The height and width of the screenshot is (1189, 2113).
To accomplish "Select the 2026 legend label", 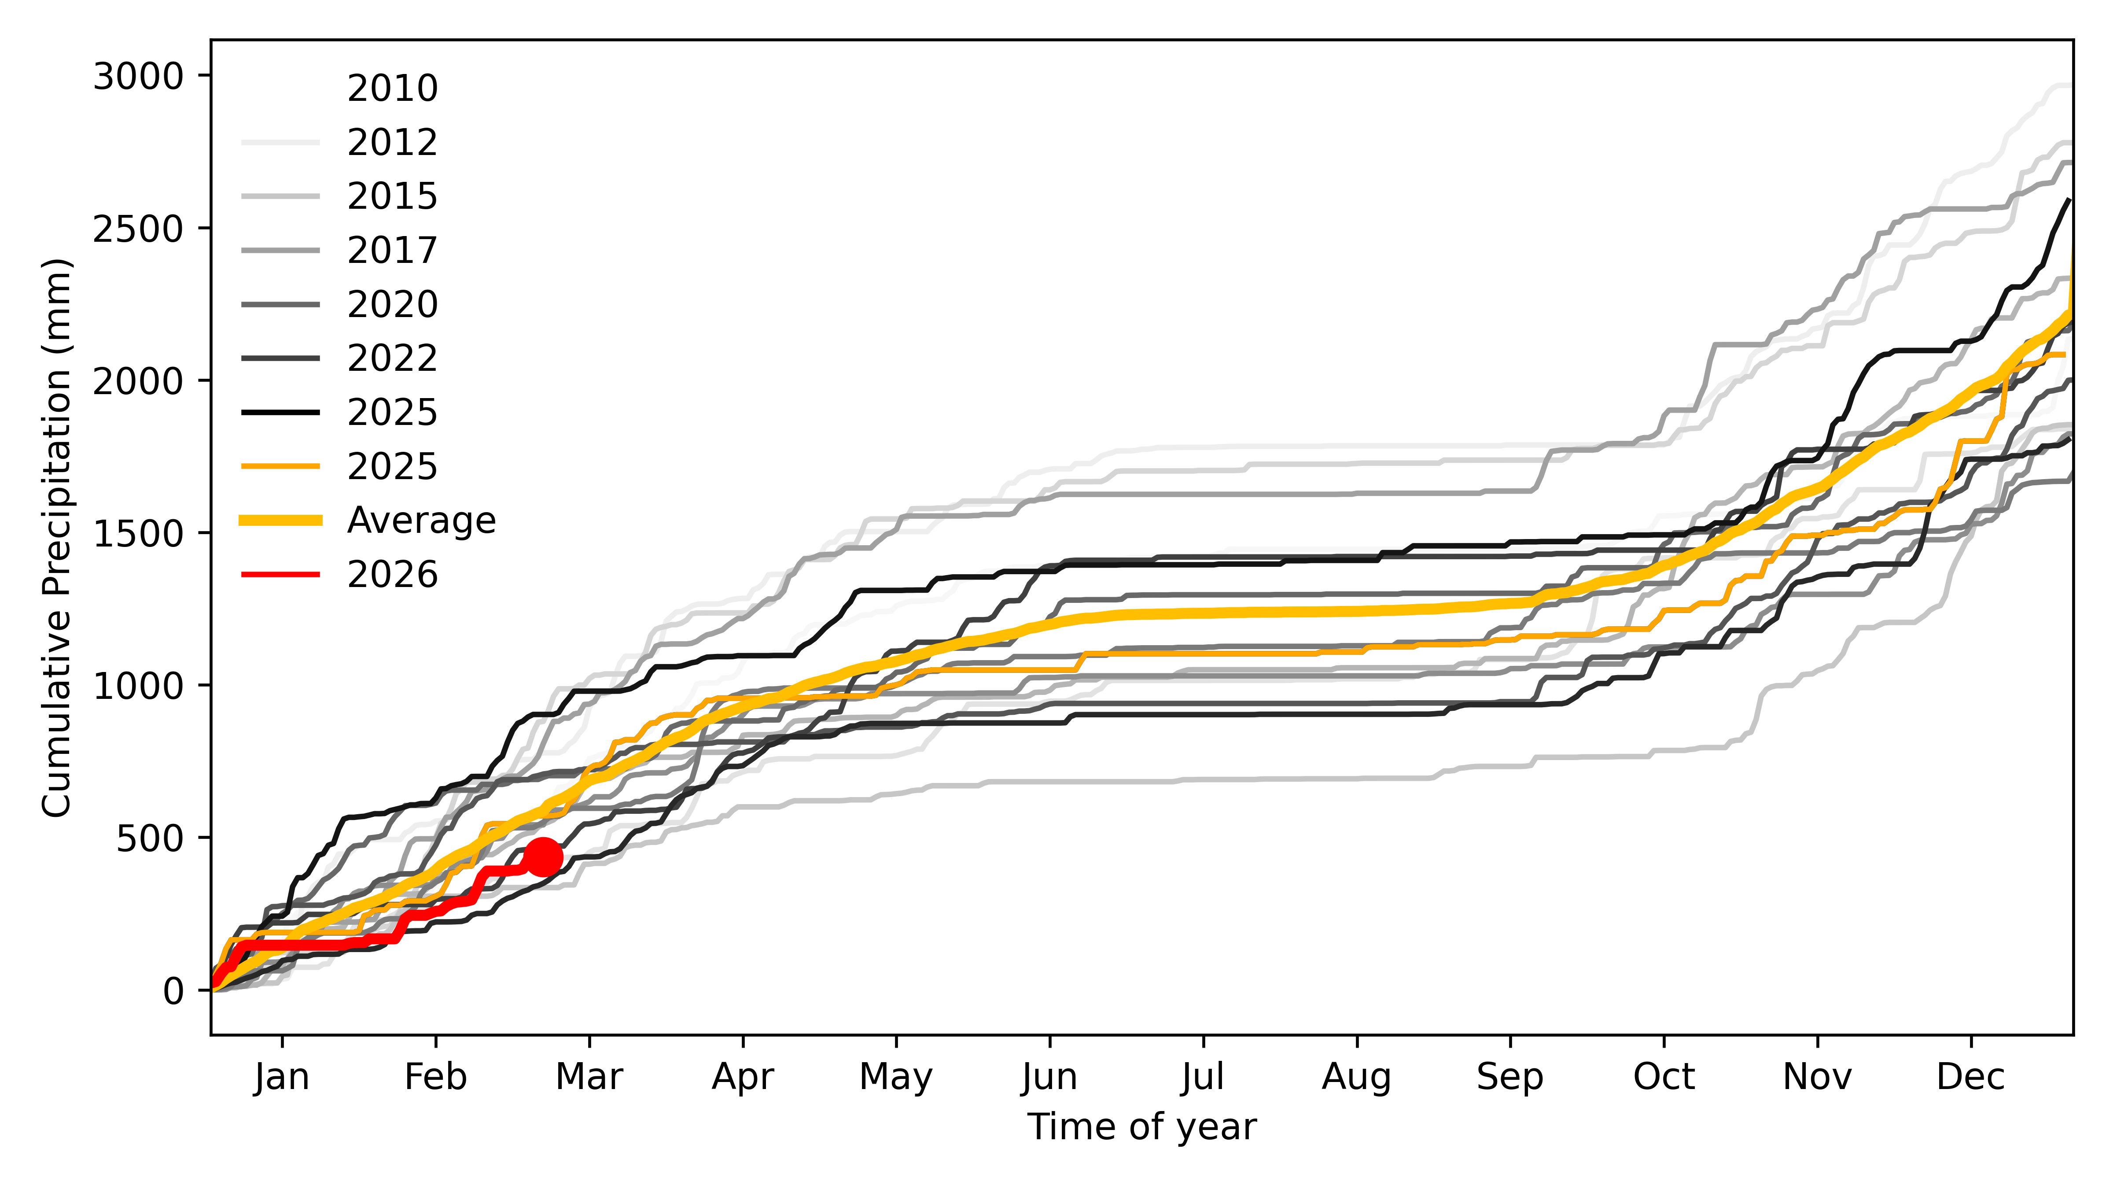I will [x=392, y=574].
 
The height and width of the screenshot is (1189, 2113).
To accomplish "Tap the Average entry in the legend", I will [x=421, y=520].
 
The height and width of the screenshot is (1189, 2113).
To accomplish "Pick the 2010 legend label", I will [x=392, y=88].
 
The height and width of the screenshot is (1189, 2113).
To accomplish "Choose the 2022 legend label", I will [x=392, y=358].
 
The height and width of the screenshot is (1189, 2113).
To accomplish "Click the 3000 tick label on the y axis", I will [x=138, y=76].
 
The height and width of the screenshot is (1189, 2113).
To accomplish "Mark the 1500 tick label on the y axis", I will [x=138, y=533].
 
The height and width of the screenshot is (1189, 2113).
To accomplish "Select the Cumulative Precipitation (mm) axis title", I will [x=57, y=537].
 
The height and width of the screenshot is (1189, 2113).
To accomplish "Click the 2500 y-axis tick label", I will [x=138, y=229].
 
